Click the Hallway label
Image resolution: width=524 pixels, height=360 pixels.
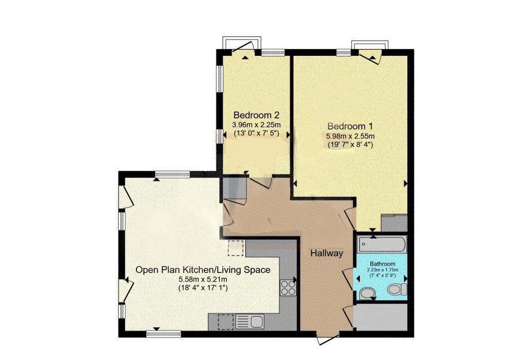click(x=326, y=253)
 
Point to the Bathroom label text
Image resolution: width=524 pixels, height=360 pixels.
click(x=381, y=264)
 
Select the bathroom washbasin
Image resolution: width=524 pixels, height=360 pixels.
click(x=367, y=294)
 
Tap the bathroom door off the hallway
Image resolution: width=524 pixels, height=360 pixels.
click(x=348, y=278)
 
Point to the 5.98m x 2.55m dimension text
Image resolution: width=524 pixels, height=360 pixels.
click(x=351, y=136)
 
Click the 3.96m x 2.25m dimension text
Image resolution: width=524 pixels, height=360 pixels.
click(x=256, y=124)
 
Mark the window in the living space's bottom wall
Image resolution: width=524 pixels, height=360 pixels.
click(x=156, y=333)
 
